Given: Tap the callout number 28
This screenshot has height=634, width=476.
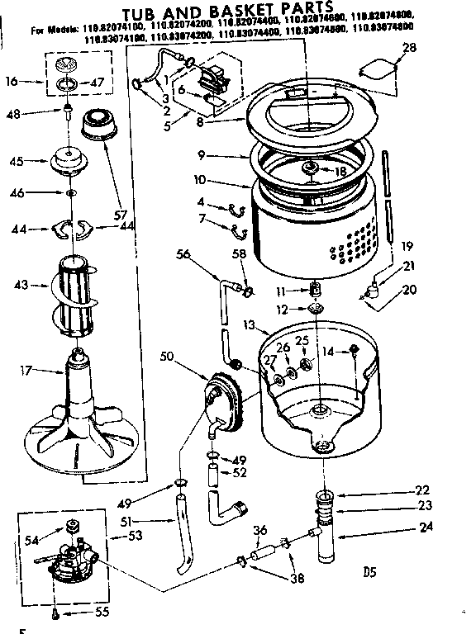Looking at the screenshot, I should tap(410, 49).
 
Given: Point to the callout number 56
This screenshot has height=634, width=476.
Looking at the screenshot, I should tap(183, 255).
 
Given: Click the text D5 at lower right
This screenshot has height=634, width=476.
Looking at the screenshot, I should tap(369, 570).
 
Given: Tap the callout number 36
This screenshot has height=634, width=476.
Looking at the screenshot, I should tap(259, 531).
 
